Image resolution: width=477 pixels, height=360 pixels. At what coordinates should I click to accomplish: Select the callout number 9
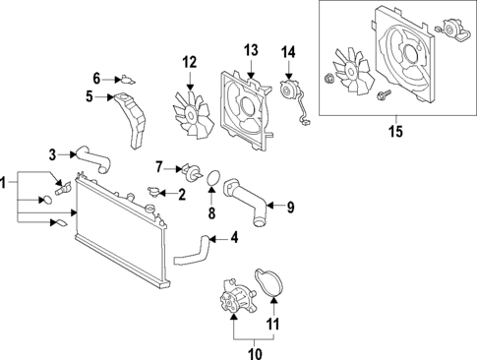click(290, 207)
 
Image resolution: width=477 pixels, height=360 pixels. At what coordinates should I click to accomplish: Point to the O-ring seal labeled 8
click(209, 178)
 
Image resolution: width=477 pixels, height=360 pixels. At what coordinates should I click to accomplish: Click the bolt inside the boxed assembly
click(379, 94)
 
